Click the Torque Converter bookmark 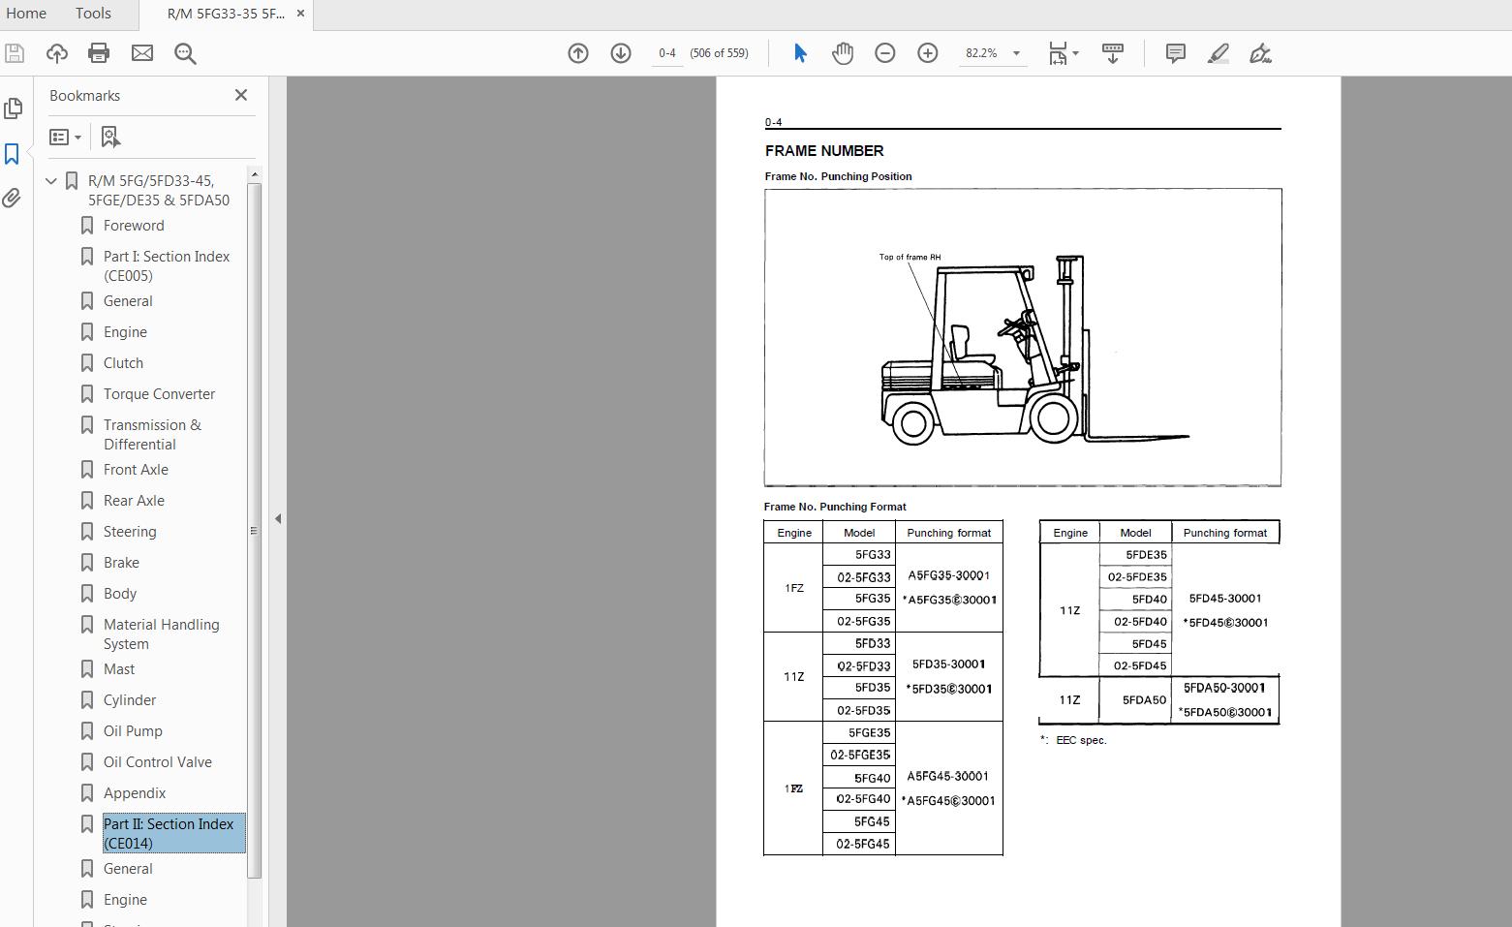(x=159, y=394)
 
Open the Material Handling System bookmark (x=161, y=633)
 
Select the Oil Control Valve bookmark (x=157, y=762)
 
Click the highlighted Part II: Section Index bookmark (x=169, y=833)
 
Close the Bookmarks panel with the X (x=241, y=95)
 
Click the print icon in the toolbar (x=99, y=53)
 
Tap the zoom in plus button (x=927, y=53)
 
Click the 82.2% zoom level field (x=981, y=53)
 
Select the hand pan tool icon (x=842, y=53)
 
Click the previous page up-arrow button (x=578, y=53)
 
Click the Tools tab (x=93, y=14)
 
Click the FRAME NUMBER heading (x=824, y=151)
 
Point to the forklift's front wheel (x=1052, y=418)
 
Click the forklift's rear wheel (x=912, y=421)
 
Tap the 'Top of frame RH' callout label (x=910, y=258)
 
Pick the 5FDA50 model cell (x=1144, y=699)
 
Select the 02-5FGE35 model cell (x=860, y=755)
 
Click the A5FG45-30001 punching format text (x=947, y=776)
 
